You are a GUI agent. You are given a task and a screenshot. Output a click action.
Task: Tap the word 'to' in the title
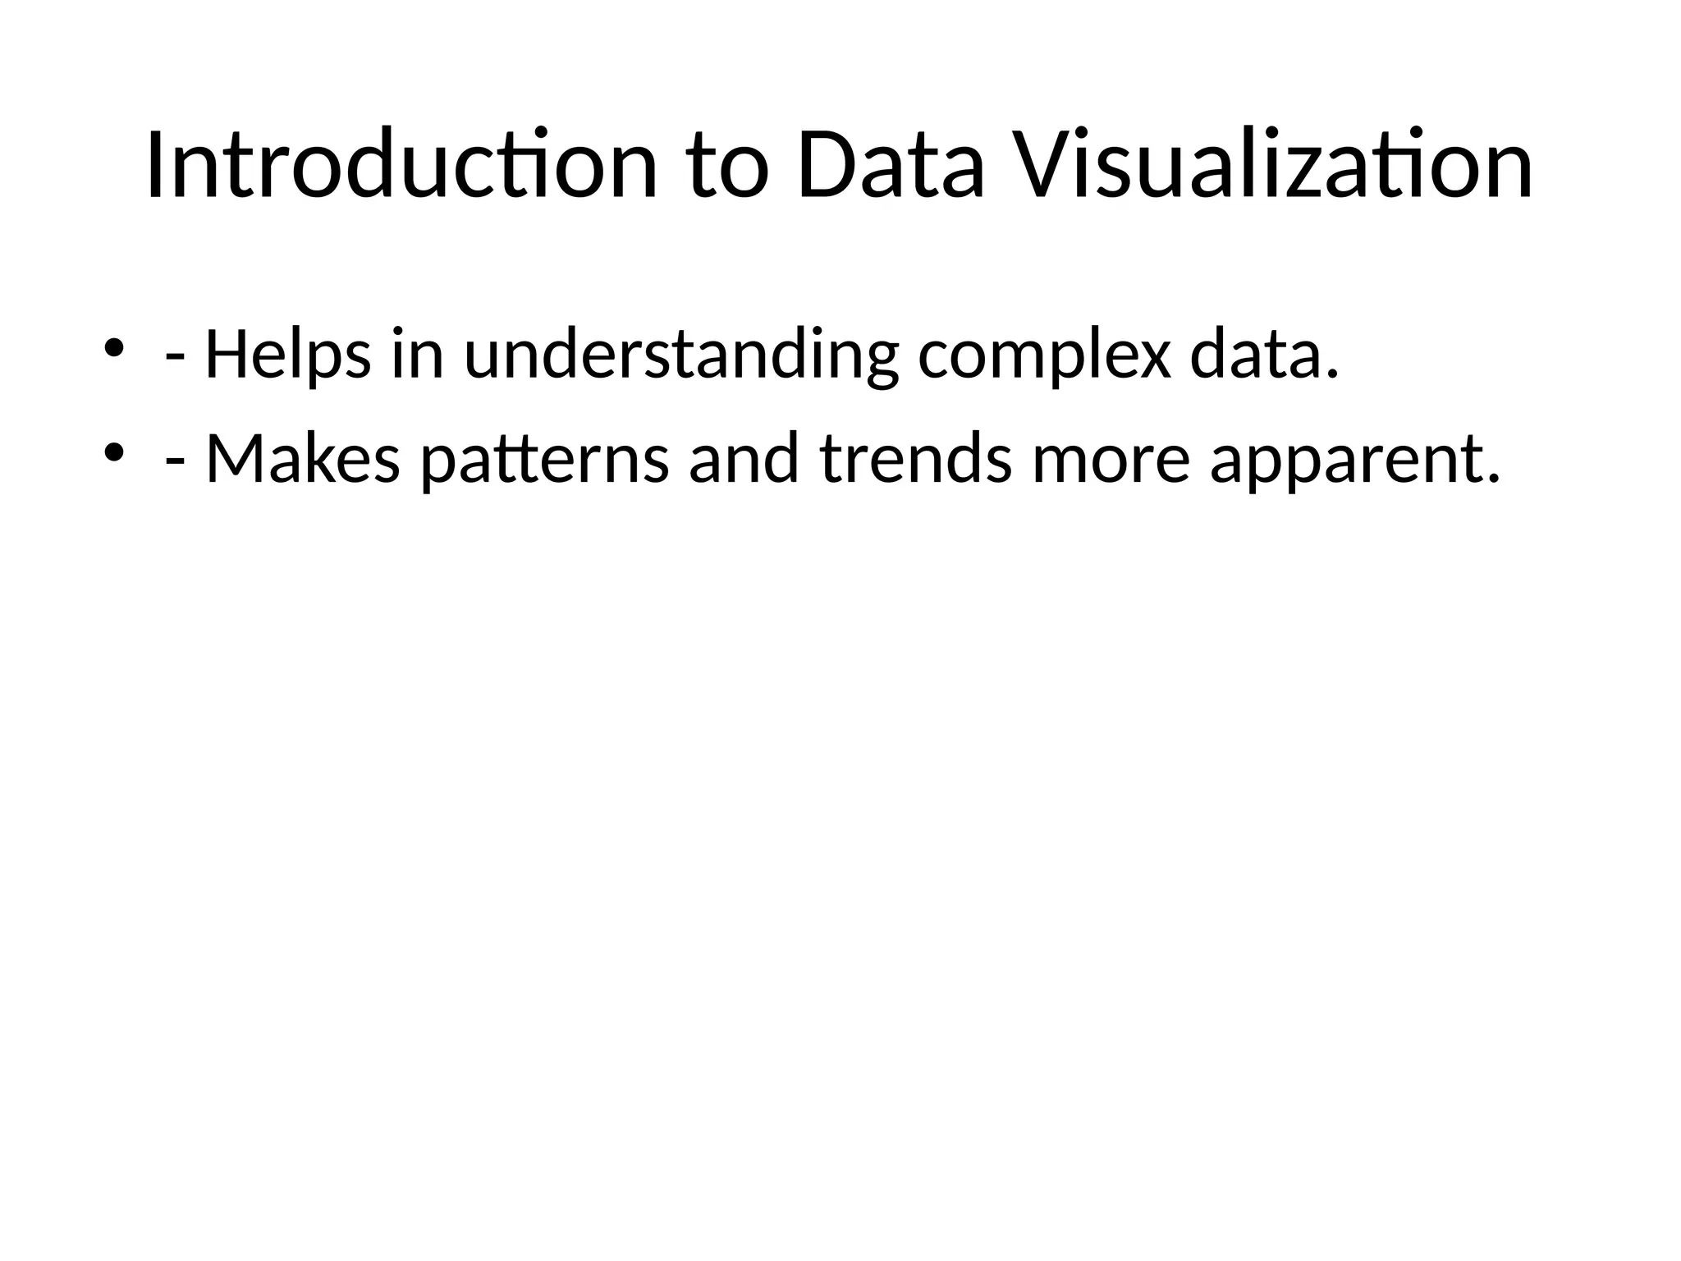point(729,167)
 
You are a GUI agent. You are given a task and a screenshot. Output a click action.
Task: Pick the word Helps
point(287,355)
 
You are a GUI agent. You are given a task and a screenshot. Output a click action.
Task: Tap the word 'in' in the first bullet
point(418,354)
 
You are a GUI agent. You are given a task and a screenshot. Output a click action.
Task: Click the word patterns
point(543,460)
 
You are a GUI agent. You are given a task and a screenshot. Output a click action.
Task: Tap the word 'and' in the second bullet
point(744,458)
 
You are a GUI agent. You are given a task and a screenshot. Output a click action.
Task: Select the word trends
point(915,458)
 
